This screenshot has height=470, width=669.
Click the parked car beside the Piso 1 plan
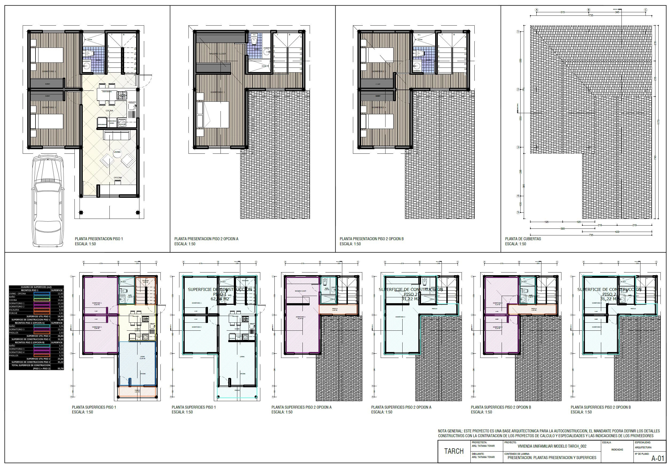coord(47,201)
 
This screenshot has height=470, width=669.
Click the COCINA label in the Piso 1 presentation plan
coord(109,111)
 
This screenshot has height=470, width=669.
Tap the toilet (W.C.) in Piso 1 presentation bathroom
coord(90,53)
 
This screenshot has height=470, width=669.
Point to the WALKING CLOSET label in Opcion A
coord(217,54)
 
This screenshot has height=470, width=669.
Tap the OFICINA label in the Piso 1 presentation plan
coord(118,177)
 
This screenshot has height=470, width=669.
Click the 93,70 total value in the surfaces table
coord(61,369)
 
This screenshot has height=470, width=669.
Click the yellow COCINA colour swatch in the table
coord(42,300)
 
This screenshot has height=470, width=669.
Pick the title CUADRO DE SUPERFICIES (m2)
coord(36,287)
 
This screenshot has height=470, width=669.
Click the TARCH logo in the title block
coord(454,451)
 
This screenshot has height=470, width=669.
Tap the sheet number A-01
coord(658,458)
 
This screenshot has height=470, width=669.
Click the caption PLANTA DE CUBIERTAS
coord(523,239)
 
